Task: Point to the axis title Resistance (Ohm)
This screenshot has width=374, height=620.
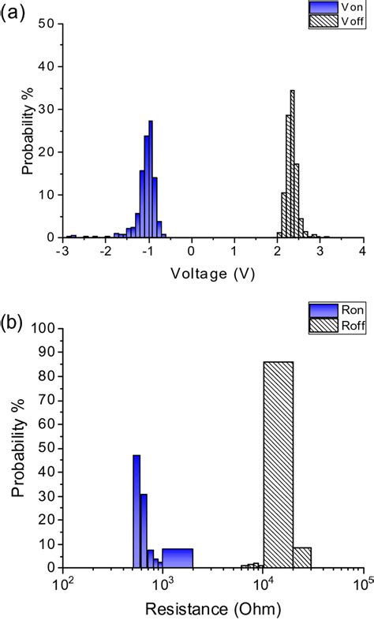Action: tap(213, 608)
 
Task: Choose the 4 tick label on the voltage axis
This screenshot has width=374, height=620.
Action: tap(362, 250)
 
